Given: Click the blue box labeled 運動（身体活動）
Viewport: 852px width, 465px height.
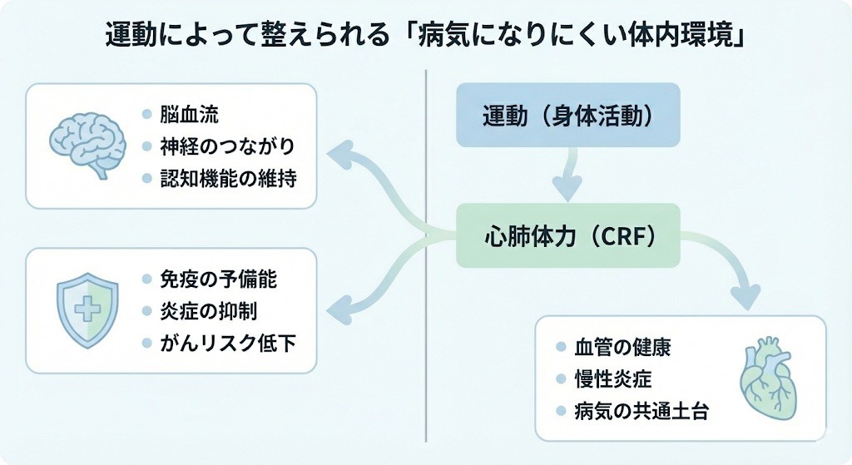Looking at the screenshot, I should click(x=568, y=116).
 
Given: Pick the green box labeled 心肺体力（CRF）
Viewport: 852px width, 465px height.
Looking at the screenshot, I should click(x=568, y=236).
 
